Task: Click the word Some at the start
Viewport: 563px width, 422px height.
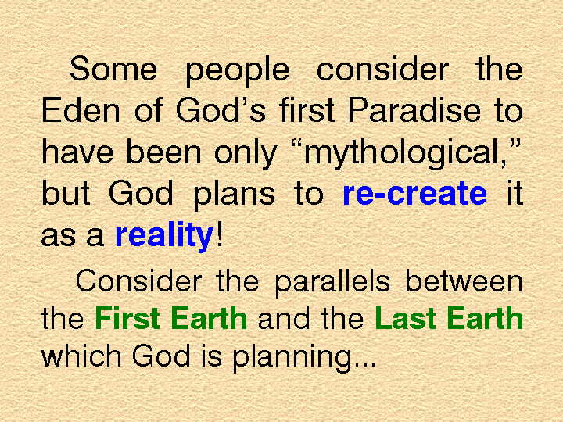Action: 113,69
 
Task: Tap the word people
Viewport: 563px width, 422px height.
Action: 238,71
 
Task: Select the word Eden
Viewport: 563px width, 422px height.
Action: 81,110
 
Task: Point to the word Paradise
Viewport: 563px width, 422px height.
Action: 414,110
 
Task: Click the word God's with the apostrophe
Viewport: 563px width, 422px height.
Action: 221,110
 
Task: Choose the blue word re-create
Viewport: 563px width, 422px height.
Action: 415,194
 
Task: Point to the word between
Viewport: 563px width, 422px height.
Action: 464,281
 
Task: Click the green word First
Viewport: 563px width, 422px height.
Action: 127,318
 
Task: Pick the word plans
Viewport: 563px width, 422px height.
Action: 234,196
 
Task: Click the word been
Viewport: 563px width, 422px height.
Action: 163,152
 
